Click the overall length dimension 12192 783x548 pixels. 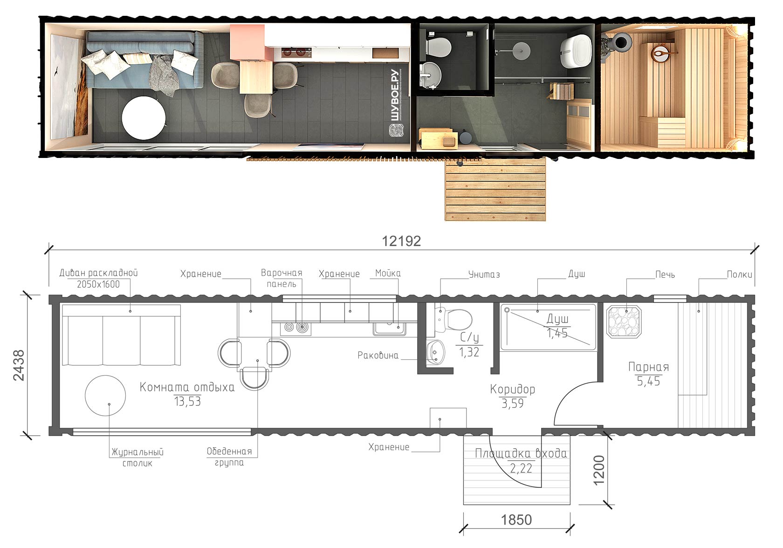coord(401,241)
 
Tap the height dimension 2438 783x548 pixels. coord(19,365)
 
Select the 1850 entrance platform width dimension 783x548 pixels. coord(516,520)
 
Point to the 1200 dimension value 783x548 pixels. coord(599,471)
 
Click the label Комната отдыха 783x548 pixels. coord(187,387)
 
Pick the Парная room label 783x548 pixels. coord(648,367)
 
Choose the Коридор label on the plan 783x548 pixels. coord(513,390)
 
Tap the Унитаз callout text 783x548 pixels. coord(484,275)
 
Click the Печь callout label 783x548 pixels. coord(665,275)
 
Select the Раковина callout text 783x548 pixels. coord(378,356)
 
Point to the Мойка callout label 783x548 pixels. coord(388,273)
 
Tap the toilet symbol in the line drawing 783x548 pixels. coord(454,320)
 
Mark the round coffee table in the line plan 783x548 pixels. coord(105,396)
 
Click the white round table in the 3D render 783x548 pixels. coord(144,118)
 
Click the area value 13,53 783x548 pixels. coord(187,402)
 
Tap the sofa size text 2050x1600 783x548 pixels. coord(98,284)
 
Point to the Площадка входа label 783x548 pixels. coord(521,454)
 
